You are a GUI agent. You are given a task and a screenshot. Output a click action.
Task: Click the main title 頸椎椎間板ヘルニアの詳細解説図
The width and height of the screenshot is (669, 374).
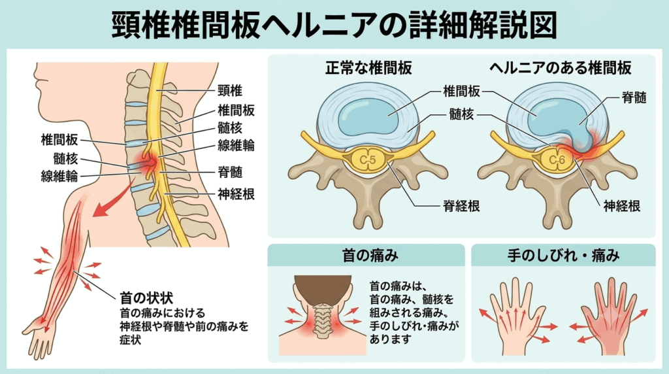pyautogui.click(x=334, y=24)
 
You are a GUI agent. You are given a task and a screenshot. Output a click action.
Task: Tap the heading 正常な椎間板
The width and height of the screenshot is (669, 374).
pyautogui.click(x=368, y=68)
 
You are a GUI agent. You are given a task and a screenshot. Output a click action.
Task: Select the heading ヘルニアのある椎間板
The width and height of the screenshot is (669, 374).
pyautogui.click(x=560, y=68)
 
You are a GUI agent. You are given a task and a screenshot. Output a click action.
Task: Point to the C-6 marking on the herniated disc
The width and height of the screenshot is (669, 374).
pyautogui.click(x=557, y=160)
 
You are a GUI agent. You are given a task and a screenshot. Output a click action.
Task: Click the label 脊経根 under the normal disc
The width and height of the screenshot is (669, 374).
pyautogui.click(x=461, y=206)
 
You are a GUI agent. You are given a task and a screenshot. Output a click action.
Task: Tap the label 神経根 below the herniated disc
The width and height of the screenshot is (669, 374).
pyautogui.click(x=622, y=206)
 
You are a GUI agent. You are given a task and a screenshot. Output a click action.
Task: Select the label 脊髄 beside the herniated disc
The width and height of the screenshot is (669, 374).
pyautogui.click(x=634, y=98)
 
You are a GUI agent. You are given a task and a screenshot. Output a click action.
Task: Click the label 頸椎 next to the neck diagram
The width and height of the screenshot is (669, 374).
pyautogui.click(x=230, y=90)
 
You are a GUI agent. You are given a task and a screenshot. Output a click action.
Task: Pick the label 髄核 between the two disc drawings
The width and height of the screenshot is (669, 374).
pyautogui.click(x=461, y=114)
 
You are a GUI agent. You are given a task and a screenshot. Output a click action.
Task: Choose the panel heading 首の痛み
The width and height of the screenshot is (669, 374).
pyautogui.click(x=370, y=255)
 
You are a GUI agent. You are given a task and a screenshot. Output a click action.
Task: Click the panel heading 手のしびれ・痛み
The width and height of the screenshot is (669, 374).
pyautogui.click(x=563, y=255)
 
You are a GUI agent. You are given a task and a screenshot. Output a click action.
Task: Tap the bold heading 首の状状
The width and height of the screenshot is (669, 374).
pyautogui.click(x=146, y=297)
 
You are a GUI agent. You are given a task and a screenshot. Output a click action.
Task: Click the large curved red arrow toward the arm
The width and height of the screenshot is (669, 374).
pyautogui.click(x=112, y=200)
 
